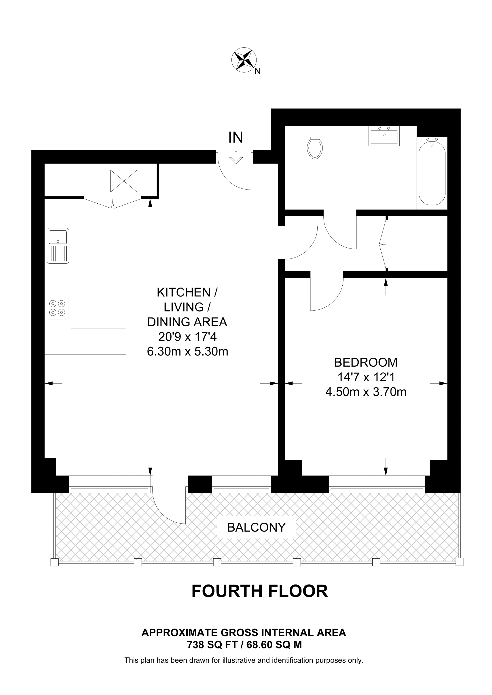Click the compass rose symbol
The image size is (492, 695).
point(244,60)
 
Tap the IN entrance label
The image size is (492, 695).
point(235,138)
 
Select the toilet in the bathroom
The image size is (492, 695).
point(314,148)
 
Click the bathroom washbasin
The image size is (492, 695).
point(384,136)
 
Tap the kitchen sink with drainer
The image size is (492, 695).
point(58,246)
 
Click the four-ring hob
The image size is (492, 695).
point(57,308)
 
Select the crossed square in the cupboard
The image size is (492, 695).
point(124,181)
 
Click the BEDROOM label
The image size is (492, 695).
point(366,362)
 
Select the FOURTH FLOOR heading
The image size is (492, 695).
point(259,591)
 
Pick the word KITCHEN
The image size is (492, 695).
point(184,292)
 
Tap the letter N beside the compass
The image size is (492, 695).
point(257,72)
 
